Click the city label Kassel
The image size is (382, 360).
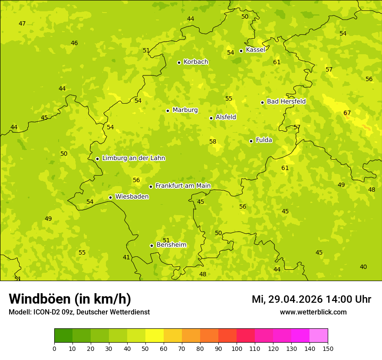255,50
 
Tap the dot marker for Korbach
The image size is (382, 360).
179,62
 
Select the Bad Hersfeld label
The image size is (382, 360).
286,101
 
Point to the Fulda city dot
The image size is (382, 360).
251,141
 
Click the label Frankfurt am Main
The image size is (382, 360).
183,186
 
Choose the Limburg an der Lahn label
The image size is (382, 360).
133,158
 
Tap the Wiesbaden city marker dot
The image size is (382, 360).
110,197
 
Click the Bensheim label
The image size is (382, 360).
171,245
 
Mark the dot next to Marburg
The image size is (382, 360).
168,111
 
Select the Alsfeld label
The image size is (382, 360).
226,117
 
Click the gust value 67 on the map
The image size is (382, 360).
347,113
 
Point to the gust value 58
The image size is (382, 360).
213,142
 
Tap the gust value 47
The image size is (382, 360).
22,24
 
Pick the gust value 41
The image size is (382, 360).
126,258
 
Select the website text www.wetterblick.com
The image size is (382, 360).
313,312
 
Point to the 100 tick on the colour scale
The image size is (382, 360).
237,348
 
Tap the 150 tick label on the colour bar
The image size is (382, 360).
328,348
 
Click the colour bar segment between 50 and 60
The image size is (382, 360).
155,336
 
